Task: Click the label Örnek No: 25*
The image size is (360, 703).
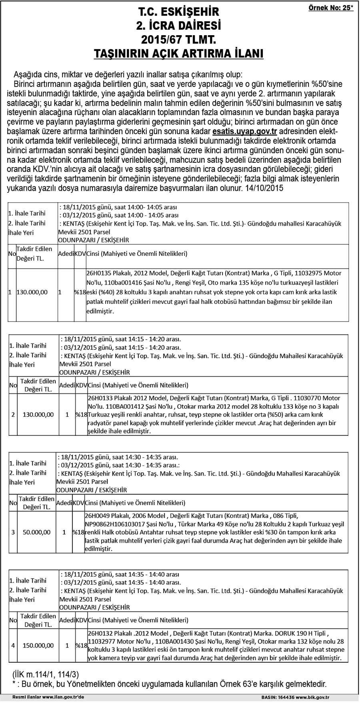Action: coord(331,8)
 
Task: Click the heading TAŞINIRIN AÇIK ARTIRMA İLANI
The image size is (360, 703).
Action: coord(178,54)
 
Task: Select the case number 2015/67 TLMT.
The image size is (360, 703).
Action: coord(178,40)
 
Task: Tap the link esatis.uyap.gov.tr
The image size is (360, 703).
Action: coord(245,131)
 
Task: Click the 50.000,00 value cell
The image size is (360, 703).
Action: coord(37,532)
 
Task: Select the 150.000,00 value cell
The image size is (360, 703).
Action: coord(38,645)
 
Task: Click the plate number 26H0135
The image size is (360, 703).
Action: coord(98,273)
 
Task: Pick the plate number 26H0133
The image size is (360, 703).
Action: coord(99,398)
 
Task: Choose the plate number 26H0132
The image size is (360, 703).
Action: coord(99,633)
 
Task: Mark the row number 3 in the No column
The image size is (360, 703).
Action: coord(13,532)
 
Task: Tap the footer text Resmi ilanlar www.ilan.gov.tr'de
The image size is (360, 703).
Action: coord(48,697)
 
